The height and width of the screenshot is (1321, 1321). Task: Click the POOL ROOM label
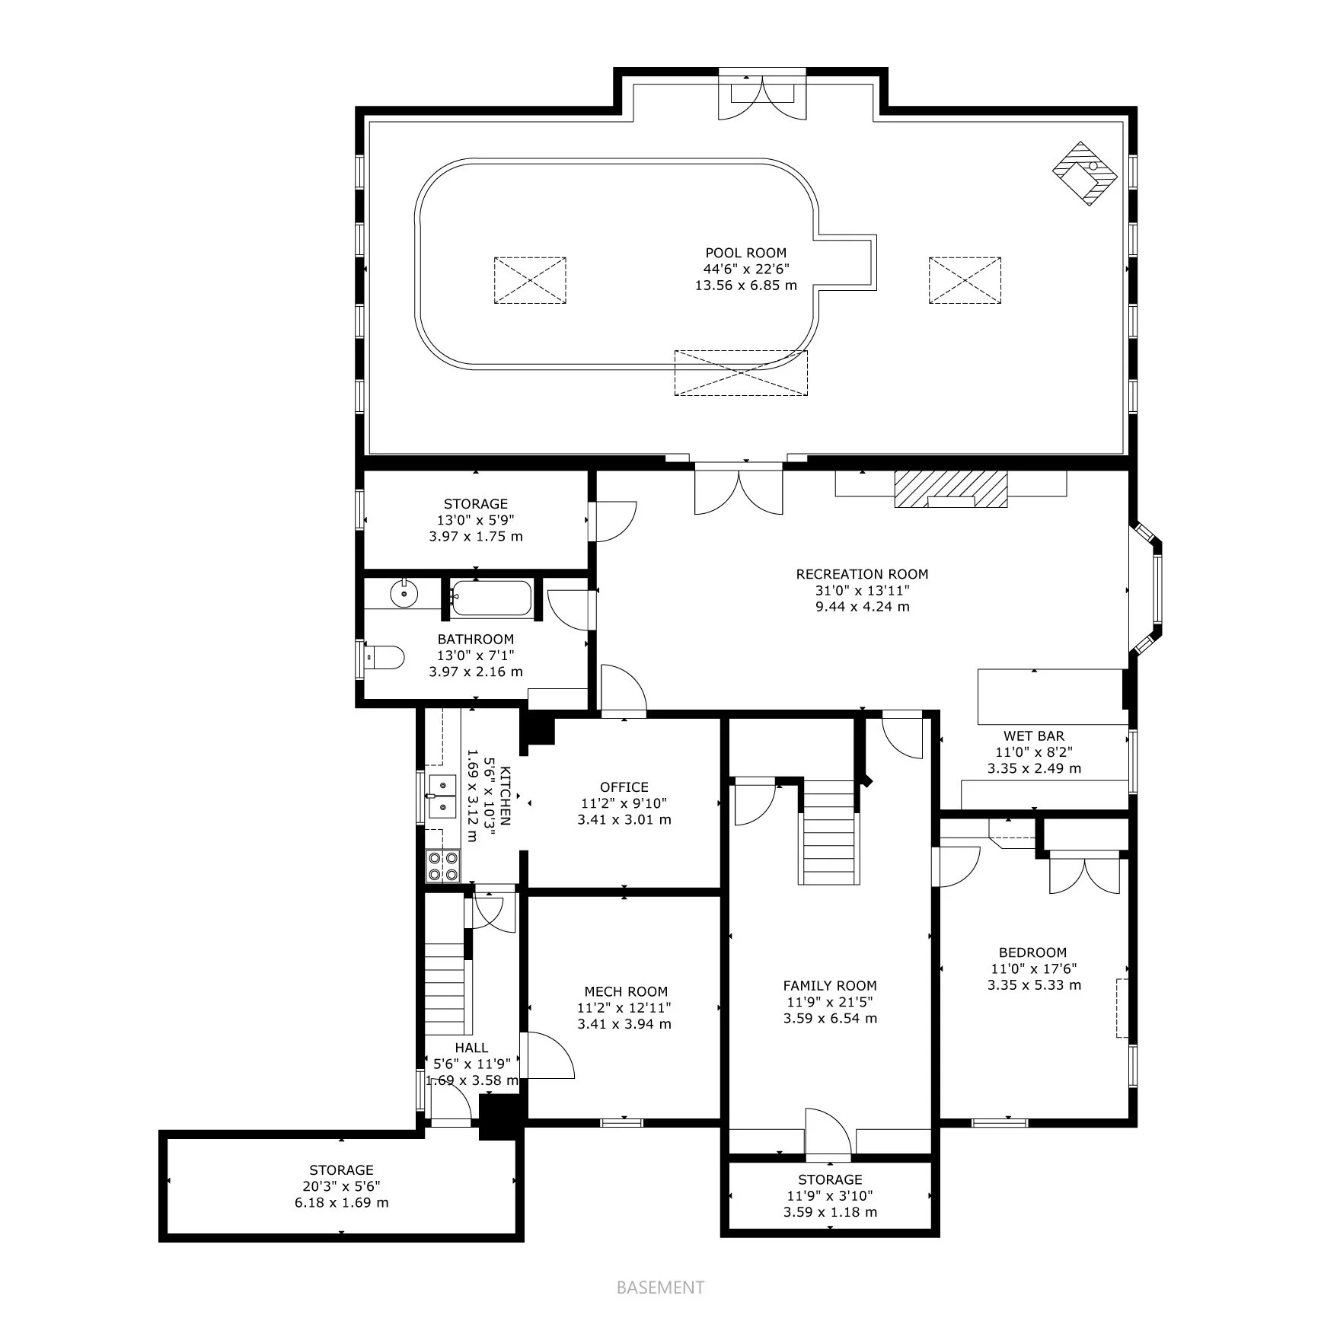click(x=745, y=253)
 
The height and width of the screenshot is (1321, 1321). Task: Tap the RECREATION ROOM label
click(x=862, y=574)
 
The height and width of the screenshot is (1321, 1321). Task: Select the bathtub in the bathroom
click(x=491, y=598)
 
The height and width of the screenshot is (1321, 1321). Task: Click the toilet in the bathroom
click(x=384, y=656)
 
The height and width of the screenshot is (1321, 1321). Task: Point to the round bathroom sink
click(x=404, y=593)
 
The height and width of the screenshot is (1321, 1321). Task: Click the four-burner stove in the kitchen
click(x=442, y=866)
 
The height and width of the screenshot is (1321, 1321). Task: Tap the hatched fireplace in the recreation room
click(x=951, y=489)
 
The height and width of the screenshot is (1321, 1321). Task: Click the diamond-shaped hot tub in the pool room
click(x=1085, y=173)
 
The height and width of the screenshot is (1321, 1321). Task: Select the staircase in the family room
click(x=828, y=832)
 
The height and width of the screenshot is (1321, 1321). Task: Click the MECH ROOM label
click(x=626, y=991)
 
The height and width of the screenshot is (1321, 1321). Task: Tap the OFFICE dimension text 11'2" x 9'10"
click(x=624, y=803)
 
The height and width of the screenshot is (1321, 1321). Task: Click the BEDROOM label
click(x=1033, y=952)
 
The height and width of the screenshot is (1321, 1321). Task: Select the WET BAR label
click(x=1034, y=735)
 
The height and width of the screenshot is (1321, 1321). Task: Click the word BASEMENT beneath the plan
click(x=660, y=1287)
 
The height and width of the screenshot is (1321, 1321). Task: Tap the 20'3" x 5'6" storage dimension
click(x=341, y=1186)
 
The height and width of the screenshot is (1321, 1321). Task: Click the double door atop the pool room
click(x=762, y=96)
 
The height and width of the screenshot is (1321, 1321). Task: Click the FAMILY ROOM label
click(x=830, y=985)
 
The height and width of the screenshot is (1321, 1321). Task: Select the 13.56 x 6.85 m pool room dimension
click(x=746, y=286)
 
